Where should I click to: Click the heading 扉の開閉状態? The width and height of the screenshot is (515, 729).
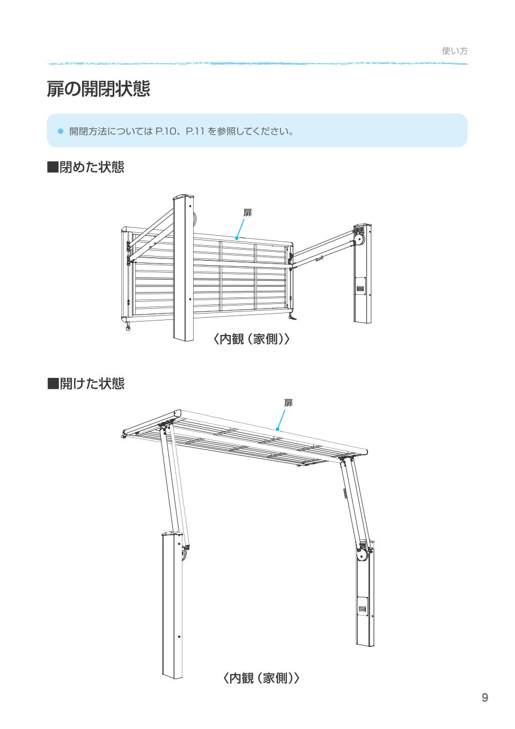tap(98, 89)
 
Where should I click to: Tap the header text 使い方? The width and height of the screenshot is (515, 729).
tap(454, 51)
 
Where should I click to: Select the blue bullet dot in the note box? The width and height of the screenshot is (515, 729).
tap(60, 131)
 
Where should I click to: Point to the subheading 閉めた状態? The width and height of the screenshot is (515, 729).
tap(86, 167)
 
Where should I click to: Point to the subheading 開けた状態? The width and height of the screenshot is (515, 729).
tap(86, 383)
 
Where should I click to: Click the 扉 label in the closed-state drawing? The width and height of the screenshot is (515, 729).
tap(247, 213)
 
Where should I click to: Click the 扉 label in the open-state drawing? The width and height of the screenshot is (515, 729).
tap(288, 403)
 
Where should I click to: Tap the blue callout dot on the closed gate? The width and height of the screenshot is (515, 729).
tap(237, 238)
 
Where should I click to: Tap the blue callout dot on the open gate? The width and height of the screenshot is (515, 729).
tap(277, 429)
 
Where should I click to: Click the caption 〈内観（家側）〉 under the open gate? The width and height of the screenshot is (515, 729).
tap(261, 678)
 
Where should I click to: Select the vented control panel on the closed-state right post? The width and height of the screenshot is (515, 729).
tap(360, 286)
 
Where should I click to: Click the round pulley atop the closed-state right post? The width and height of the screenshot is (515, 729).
tap(359, 241)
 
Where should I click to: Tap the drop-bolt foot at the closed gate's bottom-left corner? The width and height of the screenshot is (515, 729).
tap(128, 326)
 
